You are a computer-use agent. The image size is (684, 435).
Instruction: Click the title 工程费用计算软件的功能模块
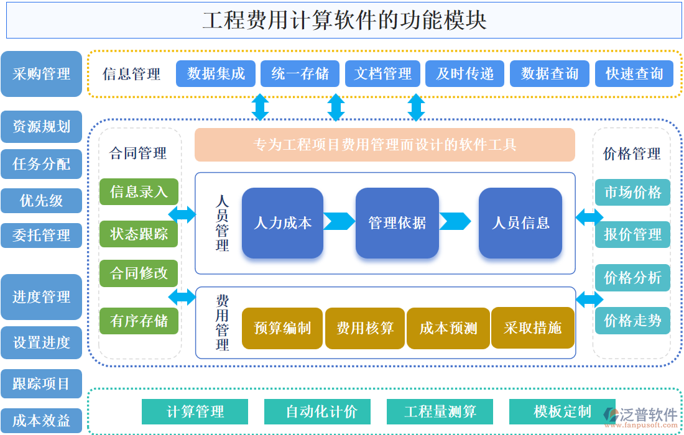coord(344,20)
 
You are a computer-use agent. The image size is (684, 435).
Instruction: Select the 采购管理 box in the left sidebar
coord(41,74)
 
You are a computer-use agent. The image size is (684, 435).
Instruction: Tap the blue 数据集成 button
coord(216,73)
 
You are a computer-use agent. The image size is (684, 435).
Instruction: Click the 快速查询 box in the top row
coord(634,73)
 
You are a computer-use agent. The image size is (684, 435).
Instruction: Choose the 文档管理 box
coord(382,73)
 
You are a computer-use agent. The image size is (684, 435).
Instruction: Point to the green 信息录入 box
coord(139,191)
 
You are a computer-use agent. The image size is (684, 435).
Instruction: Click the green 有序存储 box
coord(139,321)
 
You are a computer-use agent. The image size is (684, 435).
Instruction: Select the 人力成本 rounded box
coord(282,222)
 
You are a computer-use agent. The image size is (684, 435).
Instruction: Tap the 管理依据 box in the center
coord(397,222)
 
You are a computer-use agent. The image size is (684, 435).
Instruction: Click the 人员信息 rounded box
coord(520,222)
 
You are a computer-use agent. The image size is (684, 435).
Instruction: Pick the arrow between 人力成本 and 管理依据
coord(339,221)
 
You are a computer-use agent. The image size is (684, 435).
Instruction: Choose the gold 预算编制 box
coord(282,328)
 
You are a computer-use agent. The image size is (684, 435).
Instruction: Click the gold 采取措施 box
coord(532,327)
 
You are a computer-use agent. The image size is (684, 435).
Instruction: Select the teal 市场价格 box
coord(632,192)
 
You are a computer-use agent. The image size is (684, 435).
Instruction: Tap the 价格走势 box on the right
coord(632,321)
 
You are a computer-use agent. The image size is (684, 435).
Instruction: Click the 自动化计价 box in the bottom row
coord(317,411)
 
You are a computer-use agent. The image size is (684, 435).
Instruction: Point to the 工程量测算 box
coord(440,411)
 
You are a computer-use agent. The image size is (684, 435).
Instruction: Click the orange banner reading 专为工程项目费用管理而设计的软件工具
coord(384,145)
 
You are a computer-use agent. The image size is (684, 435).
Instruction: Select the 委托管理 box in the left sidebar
coord(41,236)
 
